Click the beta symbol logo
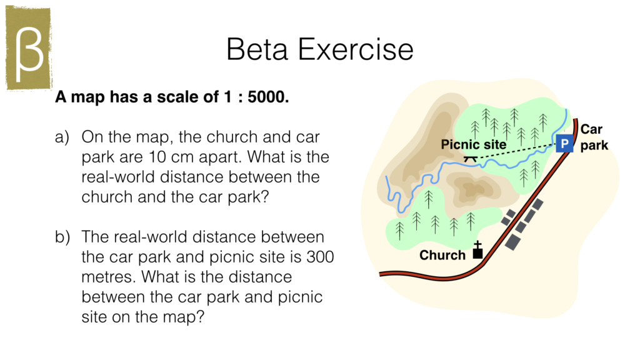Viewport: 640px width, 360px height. click(29, 50)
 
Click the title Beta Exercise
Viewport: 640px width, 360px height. click(319, 49)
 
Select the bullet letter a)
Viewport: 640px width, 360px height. click(62, 137)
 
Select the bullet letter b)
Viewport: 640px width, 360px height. click(62, 237)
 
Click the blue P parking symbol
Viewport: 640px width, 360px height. click(564, 144)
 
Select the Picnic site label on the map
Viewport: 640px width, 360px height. click(474, 145)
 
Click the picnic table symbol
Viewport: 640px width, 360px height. click(472, 157)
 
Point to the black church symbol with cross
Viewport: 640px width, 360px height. click(478, 251)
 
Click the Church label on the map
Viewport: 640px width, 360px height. click(442, 255)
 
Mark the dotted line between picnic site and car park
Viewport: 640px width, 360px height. click(519, 151)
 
